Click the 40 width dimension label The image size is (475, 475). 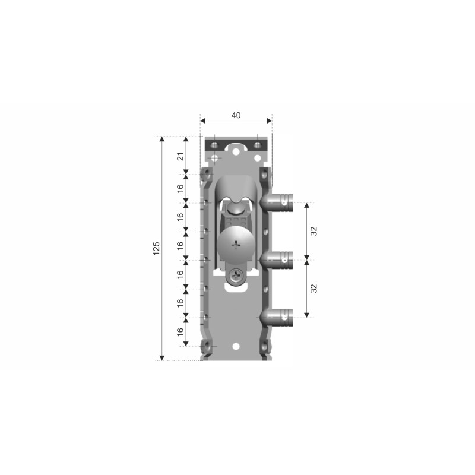tap(236, 115)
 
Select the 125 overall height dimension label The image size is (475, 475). tap(156, 248)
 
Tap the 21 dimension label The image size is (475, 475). tap(180, 157)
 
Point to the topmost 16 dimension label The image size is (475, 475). tap(180, 188)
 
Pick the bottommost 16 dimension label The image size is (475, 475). tap(180, 332)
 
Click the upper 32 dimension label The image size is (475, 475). tap(314, 231)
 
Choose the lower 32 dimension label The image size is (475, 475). tap(314, 289)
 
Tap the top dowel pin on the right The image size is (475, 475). tap(277, 202)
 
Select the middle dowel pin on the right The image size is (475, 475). tap(277, 260)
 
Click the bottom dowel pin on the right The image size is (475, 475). tap(277, 318)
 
